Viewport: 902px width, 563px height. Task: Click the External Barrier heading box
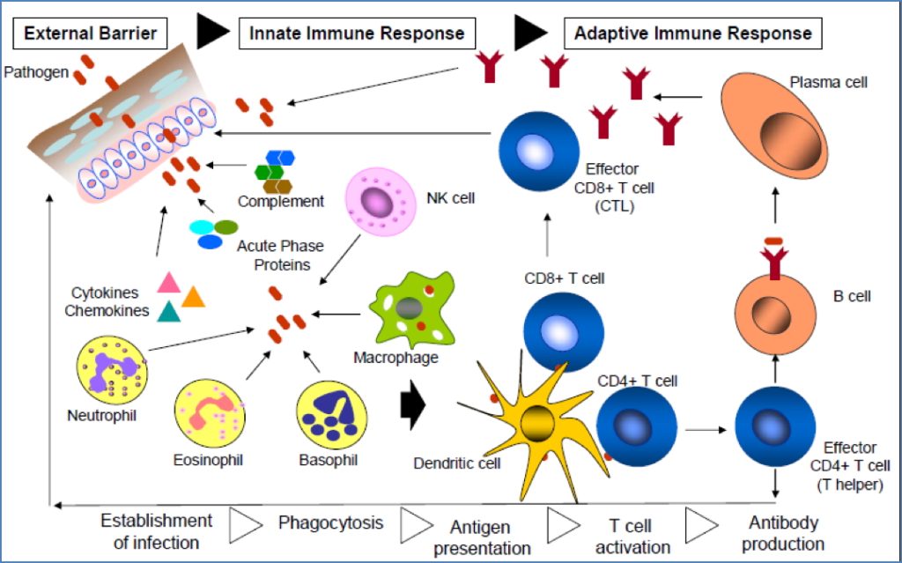pyautogui.click(x=90, y=34)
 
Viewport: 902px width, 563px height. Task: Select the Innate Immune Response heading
pyautogui.click(x=357, y=34)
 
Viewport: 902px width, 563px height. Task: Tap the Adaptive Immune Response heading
pyautogui.click(x=692, y=34)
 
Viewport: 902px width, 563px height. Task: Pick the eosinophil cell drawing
pyautogui.click(x=208, y=414)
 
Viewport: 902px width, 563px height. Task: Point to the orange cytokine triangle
pyautogui.click(x=193, y=296)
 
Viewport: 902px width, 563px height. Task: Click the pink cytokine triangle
pyautogui.click(x=168, y=282)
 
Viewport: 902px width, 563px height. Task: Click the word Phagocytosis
pyautogui.click(x=331, y=522)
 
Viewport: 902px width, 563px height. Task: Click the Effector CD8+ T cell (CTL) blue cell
pyautogui.click(x=539, y=150)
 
